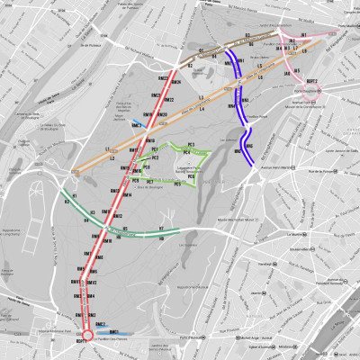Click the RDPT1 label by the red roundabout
point(80,343)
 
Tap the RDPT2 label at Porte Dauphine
point(312,81)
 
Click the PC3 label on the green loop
point(192,144)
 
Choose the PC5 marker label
point(177,184)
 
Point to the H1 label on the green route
point(76,195)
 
